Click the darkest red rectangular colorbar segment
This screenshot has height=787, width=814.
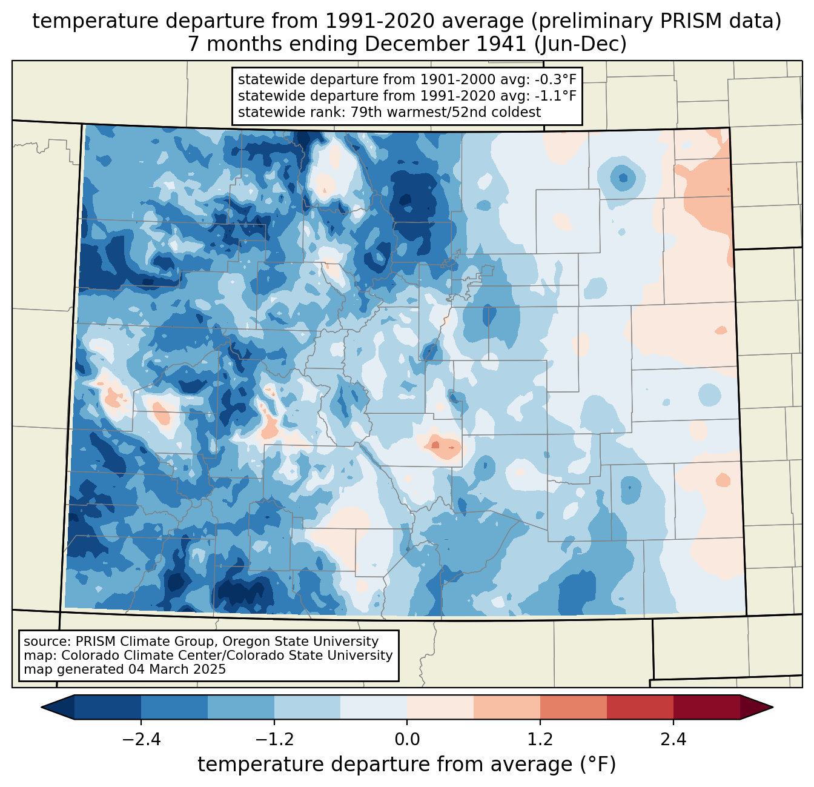point(706,707)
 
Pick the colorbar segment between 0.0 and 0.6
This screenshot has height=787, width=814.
point(440,707)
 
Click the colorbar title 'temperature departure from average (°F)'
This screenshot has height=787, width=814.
point(406,765)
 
